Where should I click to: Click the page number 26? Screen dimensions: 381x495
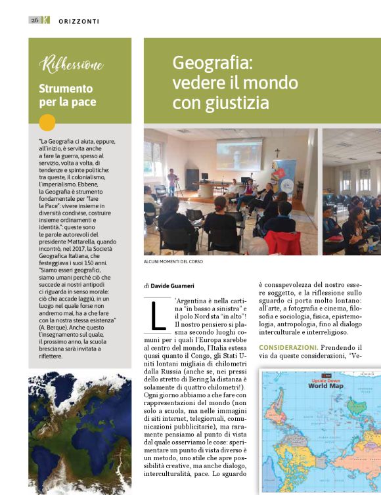pyautogui.click(x=34, y=20)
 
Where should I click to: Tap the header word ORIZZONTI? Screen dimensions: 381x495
pyautogui.click(x=77, y=20)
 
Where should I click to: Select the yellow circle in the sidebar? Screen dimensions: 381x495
pyautogui.click(x=47, y=122)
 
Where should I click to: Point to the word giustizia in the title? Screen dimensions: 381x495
pyautogui.click(x=235, y=103)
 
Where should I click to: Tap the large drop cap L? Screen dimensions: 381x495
pyautogui.click(x=158, y=314)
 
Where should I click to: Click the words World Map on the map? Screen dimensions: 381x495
pyautogui.click(x=326, y=386)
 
